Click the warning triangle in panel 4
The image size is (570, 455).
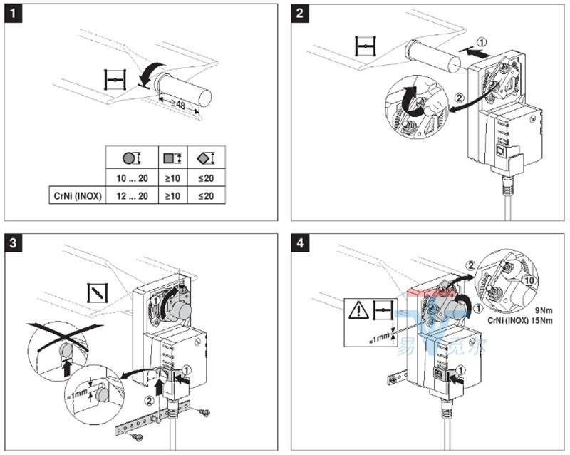click(358, 310)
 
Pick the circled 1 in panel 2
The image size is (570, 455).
click(482, 42)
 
